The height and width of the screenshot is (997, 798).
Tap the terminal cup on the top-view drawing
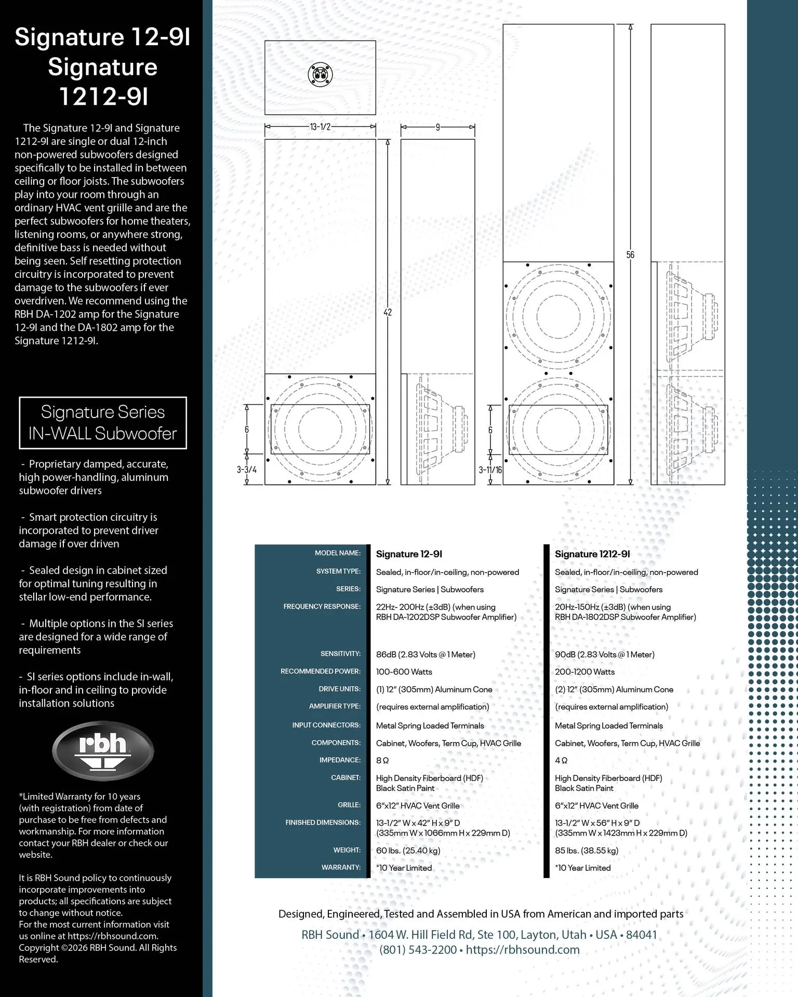click(x=320, y=74)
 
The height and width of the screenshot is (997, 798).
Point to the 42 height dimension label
click(x=388, y=312)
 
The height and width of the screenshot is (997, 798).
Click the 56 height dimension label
click(x=630, y=255)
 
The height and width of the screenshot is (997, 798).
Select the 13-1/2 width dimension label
click(x=320, y=127)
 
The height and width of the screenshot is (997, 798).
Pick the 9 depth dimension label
click(x=437, y=127)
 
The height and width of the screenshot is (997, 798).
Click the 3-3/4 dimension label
click(x=247, y=470)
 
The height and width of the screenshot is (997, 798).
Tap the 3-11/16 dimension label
click(x=490, y=470)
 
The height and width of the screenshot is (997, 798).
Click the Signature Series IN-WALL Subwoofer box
click(x=103, y=423)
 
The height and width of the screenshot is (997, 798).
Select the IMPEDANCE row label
click(x=340, y=760)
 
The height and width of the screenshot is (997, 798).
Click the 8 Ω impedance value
click(x=382, y=760)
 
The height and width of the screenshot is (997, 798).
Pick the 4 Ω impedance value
click(x=561, y=760)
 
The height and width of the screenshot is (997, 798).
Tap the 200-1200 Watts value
click(x=584, y=672)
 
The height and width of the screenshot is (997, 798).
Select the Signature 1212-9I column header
click(x=592, y=554)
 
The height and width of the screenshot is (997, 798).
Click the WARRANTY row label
click(x=341, y=867)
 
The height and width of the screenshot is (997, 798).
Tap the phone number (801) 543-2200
click(x=418, y=950)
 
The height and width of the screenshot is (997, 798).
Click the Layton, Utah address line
click(x=479, y=935)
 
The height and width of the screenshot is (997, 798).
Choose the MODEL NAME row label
click(x=337, y=553)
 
